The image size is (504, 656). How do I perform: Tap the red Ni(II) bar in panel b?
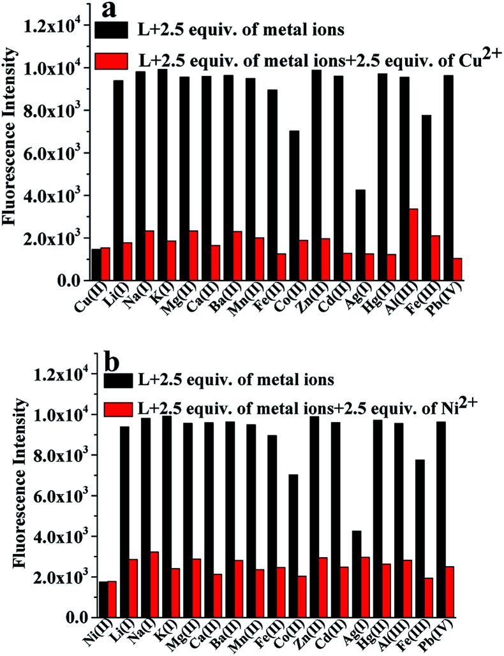click(x=112, y=599)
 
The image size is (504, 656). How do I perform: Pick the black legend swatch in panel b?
click(x=115, y=382)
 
